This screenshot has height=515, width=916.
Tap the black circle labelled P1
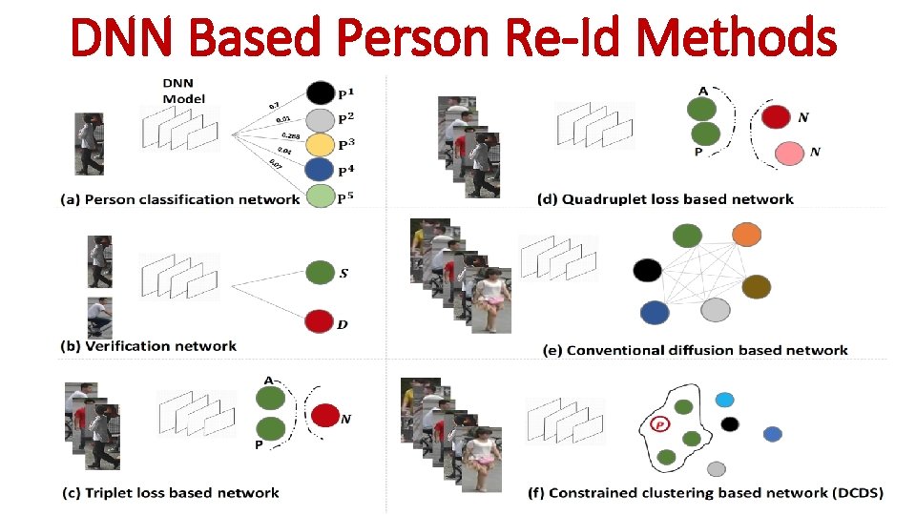coord(321,93)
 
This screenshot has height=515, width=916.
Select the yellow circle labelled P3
coord(321,145)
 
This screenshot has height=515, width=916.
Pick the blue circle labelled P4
coord(321,172)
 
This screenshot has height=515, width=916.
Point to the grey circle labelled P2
coord(321,119)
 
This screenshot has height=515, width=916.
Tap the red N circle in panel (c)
coord(326,415)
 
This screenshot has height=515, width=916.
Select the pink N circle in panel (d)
coord(789,153)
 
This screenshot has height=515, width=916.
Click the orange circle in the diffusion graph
coord(746,235)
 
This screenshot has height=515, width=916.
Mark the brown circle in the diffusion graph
coord(756,286)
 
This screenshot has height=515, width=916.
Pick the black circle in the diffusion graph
coord(647,270)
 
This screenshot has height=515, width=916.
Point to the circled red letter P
coord(659,424)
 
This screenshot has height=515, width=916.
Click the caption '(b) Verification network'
coord(148,346)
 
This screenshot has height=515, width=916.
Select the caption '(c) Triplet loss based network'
coord(169,493)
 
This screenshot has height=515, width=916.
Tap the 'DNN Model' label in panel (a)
coord(183,92)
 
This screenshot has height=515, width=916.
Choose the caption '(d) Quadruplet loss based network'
coord(665,199)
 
